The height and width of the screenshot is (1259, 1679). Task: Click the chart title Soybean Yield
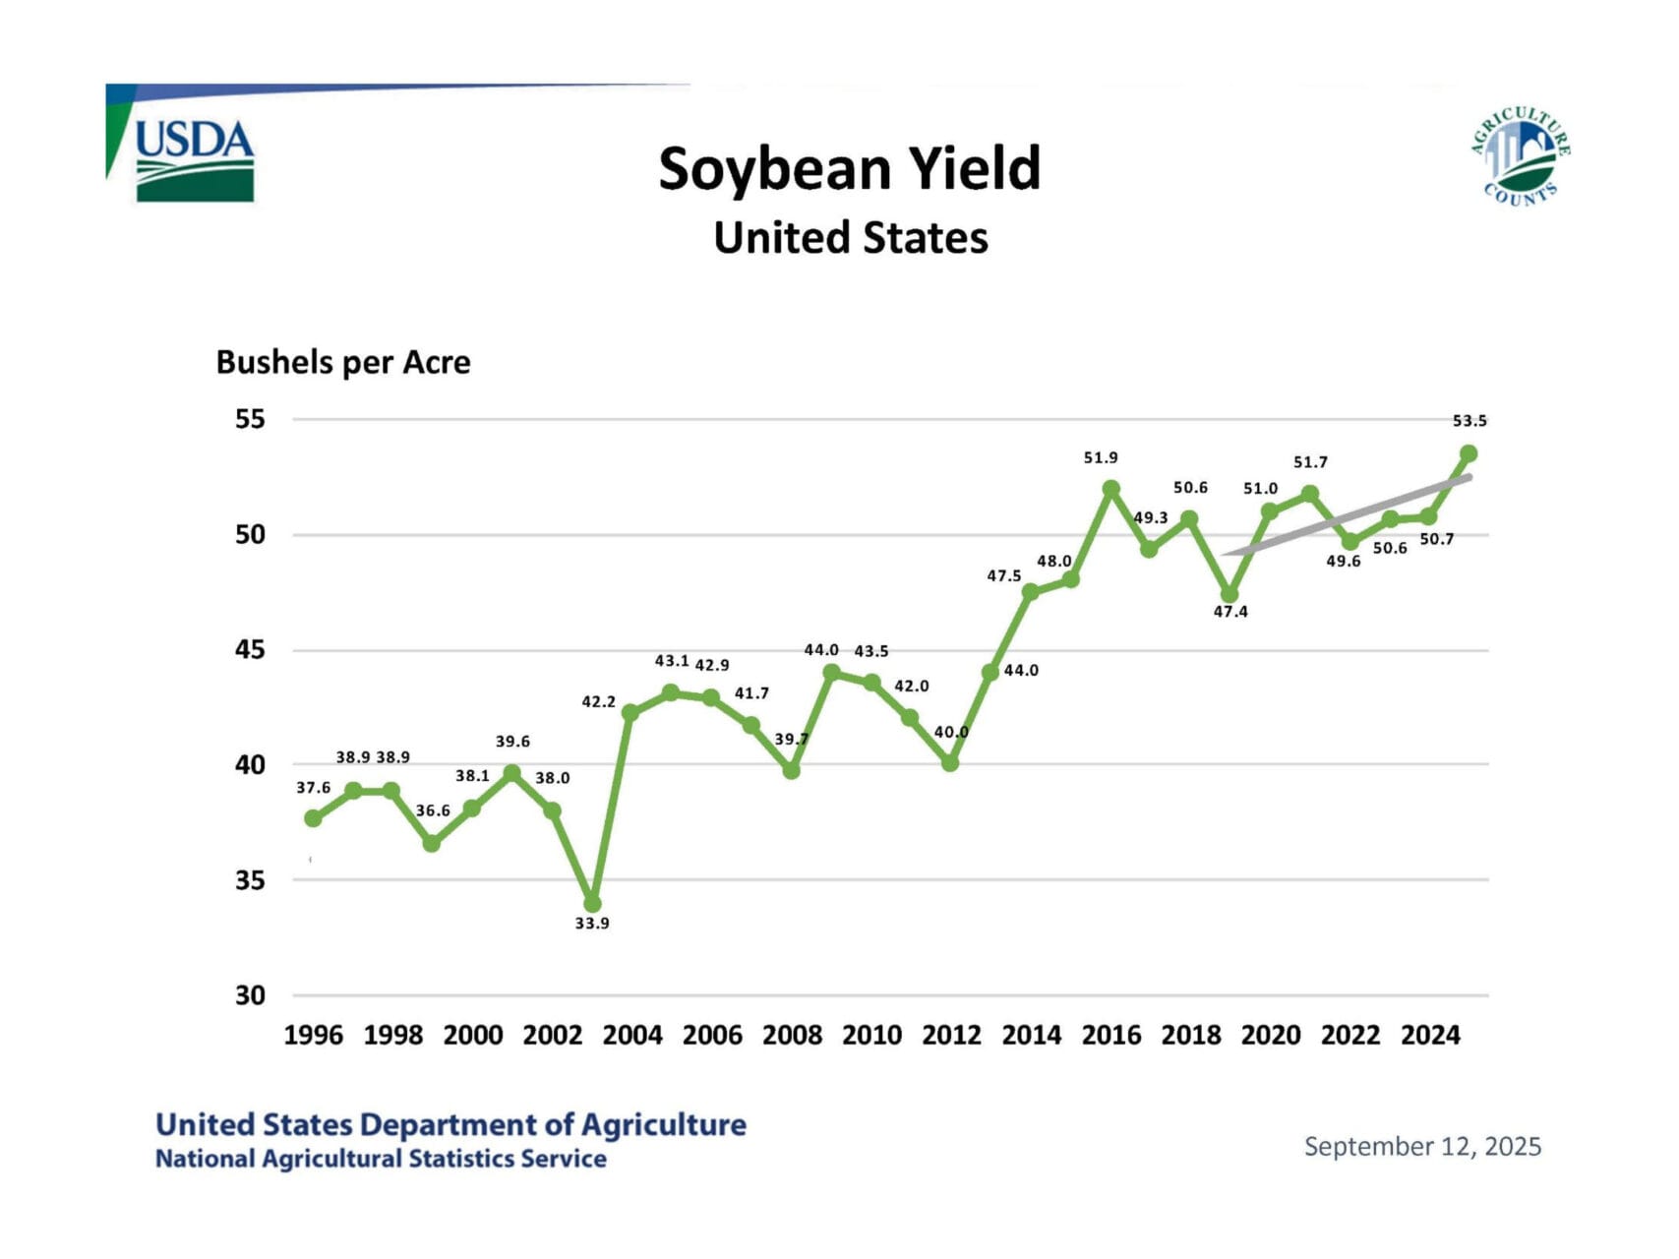849,168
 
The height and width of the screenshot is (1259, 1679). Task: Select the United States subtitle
851,238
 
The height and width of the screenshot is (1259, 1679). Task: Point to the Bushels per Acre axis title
343,362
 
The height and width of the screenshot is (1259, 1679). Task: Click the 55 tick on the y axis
250,419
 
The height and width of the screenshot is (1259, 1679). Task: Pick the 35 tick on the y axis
250,879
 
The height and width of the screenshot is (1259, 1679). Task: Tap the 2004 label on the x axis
632,1035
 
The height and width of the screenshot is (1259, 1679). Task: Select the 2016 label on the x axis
1111,1035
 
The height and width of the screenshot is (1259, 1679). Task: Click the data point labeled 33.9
592,904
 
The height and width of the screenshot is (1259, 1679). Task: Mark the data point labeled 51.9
1111,489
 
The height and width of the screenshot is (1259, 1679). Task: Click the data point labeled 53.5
1469,453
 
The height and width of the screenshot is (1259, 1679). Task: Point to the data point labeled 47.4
1229,594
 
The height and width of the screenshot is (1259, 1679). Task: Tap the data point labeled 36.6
432,843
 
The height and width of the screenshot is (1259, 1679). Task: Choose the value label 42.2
598,702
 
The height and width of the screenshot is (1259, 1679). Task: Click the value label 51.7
1310,462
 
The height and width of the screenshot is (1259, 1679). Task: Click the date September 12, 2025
1422,1147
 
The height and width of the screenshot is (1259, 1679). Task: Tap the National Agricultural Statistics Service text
381,1159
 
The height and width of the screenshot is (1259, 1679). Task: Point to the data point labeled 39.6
511,774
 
